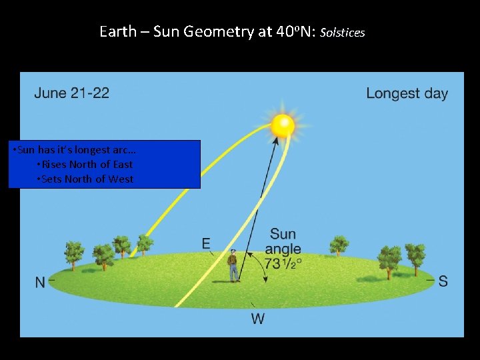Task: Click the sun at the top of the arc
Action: [x=283, y=125]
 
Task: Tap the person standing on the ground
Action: [x=233, y=265]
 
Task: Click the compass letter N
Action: [x=40, y=283]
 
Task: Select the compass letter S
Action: [x=443, y=281]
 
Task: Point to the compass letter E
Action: [x=207, y=243]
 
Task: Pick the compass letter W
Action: [x=257, y=319]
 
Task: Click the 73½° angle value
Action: [x=283, y=263]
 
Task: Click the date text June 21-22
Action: [x=71, y=93]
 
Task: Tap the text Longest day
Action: [x=407, y=93]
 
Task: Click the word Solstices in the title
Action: [x=343, y=33]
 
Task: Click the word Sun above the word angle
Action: [x=283, y=234]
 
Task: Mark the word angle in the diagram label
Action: [x=283, y=249]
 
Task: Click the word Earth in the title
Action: [x=118, y=31]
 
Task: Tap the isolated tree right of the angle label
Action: [x=339, y=245]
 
